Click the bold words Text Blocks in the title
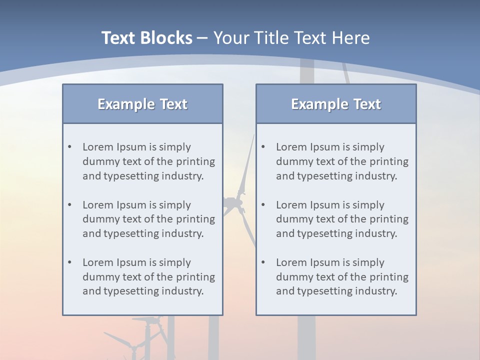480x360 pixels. point(146,38)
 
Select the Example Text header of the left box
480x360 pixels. point(142,104)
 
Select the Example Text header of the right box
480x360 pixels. point(336,104)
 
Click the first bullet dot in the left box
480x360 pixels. point(69,147)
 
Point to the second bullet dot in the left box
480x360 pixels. point(69,205)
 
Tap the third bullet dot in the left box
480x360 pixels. point(69,262)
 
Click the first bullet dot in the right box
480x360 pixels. point(263,147)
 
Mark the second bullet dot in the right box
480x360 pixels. point(263,205)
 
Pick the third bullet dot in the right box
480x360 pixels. point(263,262)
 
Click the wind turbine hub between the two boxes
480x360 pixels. point(233,203)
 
